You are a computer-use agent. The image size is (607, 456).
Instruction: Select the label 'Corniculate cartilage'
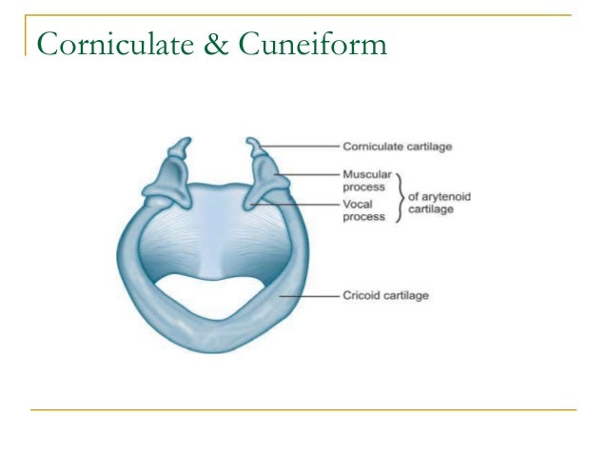(396, 148)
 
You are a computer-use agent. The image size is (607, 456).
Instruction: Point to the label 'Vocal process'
(363, 209)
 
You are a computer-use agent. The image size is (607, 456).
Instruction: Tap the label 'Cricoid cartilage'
(385, 296)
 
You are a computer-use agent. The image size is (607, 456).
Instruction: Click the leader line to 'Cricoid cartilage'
(309, 296)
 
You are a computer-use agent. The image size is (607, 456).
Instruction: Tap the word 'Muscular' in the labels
(363, 175)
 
